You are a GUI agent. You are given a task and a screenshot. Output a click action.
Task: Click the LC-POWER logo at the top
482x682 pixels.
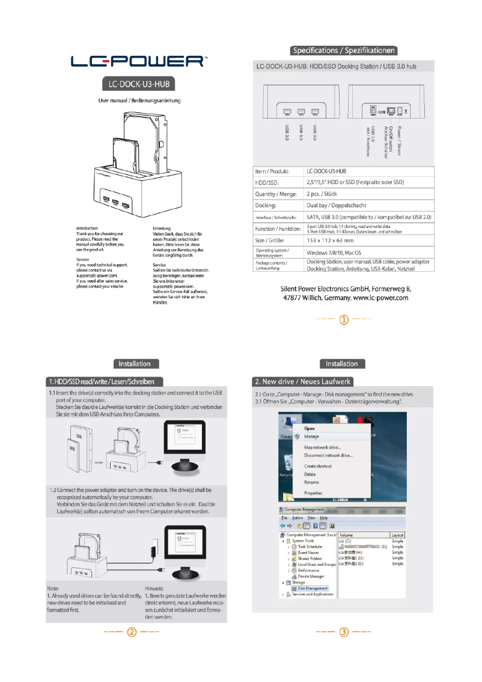click(x=139, y=61)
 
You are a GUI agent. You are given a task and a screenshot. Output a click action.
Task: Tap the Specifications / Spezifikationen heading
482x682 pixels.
click(x=344, y=51)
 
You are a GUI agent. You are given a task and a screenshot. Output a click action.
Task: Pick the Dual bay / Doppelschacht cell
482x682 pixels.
click(x=337, y=205)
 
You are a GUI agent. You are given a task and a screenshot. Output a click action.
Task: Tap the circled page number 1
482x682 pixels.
click(x=344, y=319)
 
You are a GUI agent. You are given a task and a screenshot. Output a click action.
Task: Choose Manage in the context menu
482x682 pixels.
click(x=311, y=436)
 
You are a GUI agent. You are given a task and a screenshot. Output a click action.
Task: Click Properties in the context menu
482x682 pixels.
click(x=313, y=493)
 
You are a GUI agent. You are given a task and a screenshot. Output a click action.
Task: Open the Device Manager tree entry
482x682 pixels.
click(x=311, y=576)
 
